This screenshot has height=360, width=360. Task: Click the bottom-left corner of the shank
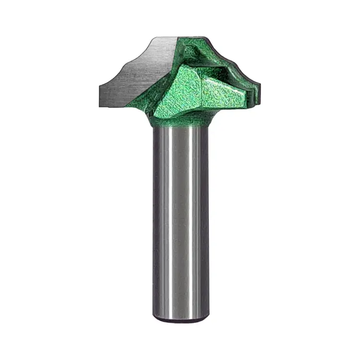pyautogui.click(x=155, y=317)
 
